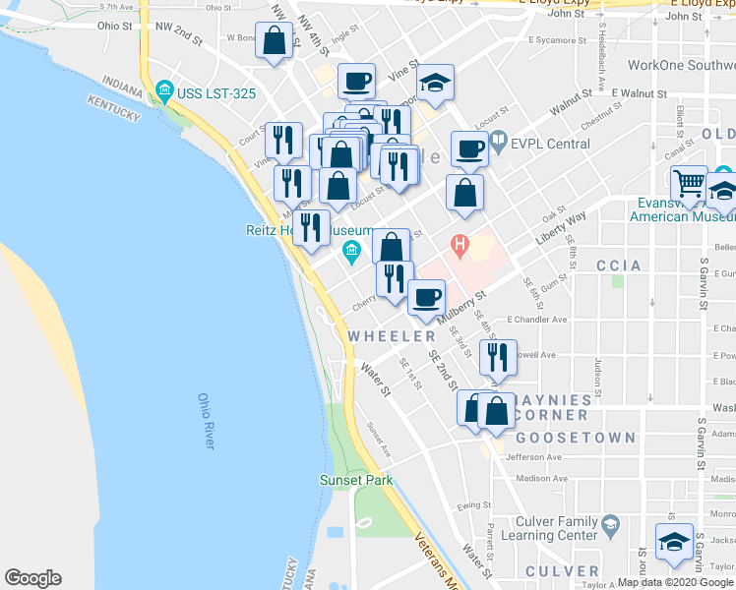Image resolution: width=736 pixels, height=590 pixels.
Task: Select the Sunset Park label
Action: tap(356, 480)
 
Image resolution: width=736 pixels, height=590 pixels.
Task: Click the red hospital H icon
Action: tap(459, 243)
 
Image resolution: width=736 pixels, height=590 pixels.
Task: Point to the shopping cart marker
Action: tap(690, 183)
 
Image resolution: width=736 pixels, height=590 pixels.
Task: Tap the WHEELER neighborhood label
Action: tap(392, 336)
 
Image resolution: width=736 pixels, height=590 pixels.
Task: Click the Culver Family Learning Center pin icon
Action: tap(610, 521)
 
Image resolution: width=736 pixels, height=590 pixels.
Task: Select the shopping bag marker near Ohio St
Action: tap(275, 42)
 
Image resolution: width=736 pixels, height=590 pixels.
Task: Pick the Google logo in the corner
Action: tap(32, 578)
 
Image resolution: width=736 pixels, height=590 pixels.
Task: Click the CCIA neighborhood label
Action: tap(619, 265)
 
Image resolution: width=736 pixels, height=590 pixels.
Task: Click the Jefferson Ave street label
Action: tap(533, 457)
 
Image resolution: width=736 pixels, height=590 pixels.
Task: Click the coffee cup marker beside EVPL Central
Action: tap(469, 149)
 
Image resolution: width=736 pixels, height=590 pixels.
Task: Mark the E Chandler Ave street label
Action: tap(536, 320)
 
